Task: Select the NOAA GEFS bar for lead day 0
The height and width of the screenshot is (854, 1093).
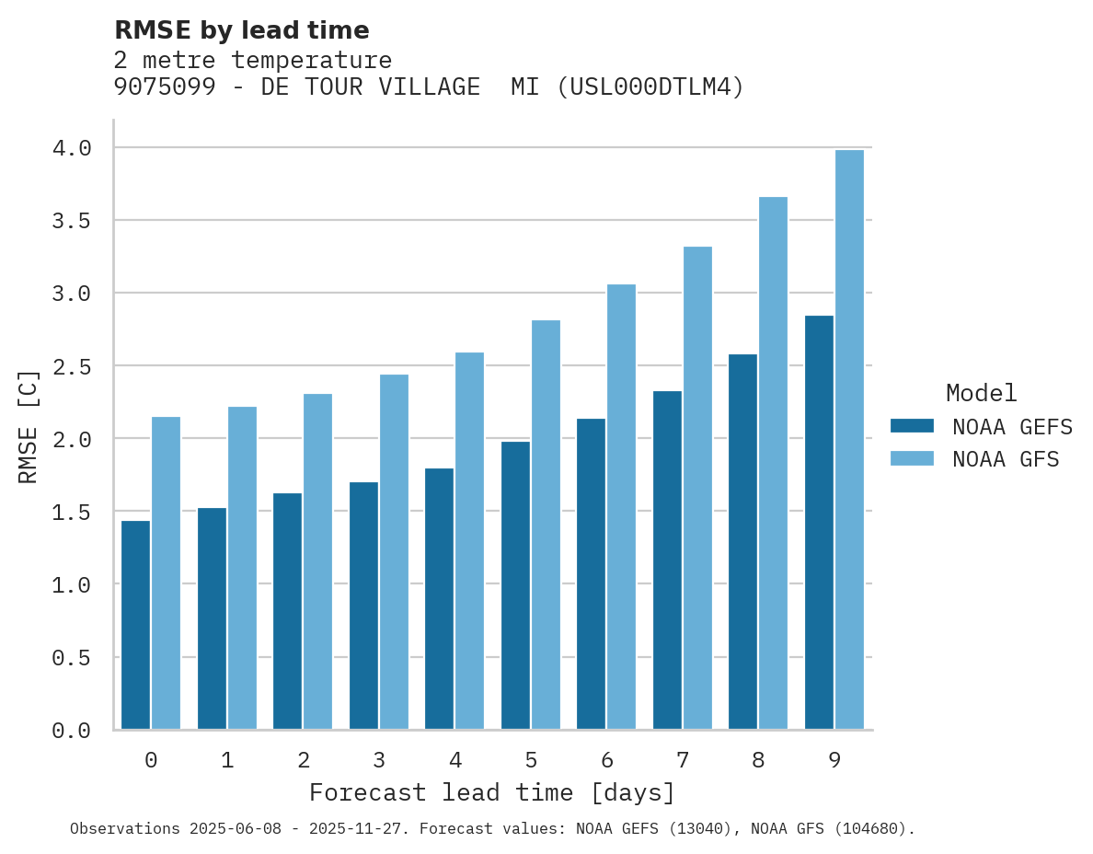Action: (135, 625)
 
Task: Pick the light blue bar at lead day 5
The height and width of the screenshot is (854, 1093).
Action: (546, 525)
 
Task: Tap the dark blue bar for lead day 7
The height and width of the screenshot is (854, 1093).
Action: (667, 560)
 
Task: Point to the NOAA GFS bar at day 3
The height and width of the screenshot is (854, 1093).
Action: (394, 552)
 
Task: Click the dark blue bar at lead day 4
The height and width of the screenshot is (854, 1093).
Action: (440, 599)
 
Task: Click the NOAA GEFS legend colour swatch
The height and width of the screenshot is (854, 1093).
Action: (912, 426)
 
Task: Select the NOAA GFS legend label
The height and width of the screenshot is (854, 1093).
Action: (1006, 459)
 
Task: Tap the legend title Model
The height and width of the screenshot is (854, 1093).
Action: (981, 394)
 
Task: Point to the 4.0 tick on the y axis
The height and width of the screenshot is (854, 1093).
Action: (71, 148)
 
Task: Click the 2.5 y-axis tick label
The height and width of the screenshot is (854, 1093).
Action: (71, 367)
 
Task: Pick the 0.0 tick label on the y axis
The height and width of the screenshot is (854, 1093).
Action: (71, 731)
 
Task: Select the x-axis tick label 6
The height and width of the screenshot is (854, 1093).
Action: (606, 760)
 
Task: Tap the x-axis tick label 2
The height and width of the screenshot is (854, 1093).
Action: (303, 760)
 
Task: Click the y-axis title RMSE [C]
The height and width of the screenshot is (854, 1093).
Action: (29, 426)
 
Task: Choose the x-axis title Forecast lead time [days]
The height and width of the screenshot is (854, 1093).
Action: (492, 792)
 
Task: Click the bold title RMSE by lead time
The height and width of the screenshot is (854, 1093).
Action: (241, 30)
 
